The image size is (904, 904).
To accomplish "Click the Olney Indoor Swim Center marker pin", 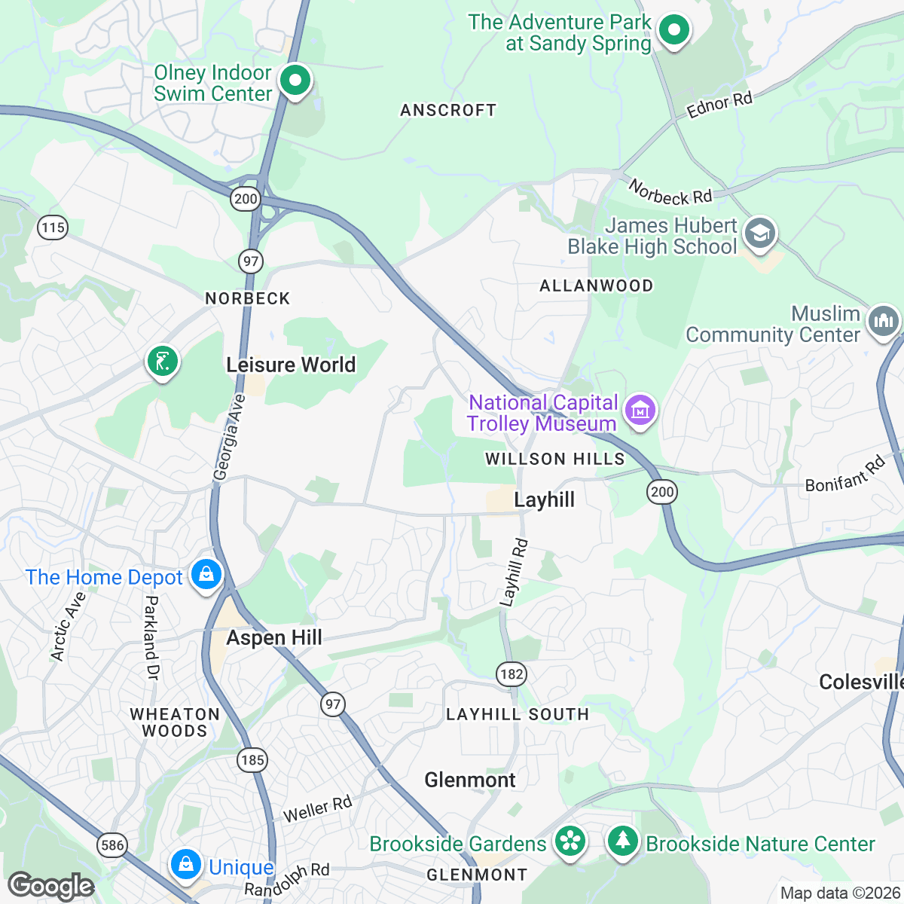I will coord(295,79).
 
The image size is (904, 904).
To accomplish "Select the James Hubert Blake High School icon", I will coord(760,234).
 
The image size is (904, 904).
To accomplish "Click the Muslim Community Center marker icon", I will coord(883,322).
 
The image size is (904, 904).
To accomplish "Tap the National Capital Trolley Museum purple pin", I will coord(640,411).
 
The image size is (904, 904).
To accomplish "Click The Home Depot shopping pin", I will coord(206,576).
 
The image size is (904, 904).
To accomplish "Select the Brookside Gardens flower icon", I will coord(570,841).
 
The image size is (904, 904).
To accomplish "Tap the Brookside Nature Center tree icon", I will coord(622,841).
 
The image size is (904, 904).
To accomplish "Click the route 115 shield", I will coord(53,228).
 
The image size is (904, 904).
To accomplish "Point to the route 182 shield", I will coord(512,673).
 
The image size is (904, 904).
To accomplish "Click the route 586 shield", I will coord(112,844).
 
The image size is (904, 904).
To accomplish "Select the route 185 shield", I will coord(252,759).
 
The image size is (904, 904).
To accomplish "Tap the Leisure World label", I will coord(291,365).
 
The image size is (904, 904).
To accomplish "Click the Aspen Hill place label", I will coord(274,637).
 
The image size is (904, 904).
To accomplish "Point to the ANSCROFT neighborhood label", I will coord(448,111).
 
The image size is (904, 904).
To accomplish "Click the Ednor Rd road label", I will coord(719,105).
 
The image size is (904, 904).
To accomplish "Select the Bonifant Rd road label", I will coord(845,475).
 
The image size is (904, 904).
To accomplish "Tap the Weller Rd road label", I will coord(317,809).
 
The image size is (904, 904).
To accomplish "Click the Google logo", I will coord(50,886).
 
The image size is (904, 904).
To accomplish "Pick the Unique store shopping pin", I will coord(185,865).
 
